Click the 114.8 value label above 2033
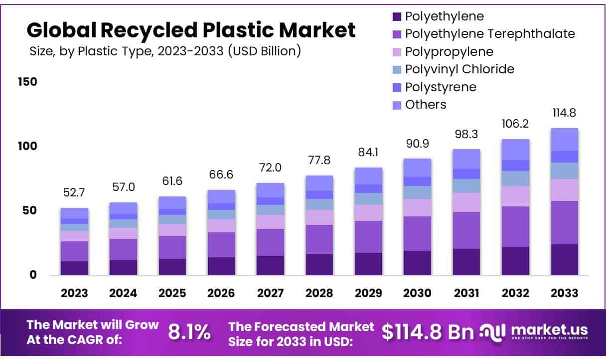click(564, 114)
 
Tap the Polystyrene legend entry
click(441, 87)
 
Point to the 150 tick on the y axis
click(28, 82)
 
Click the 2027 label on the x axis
click(270, 293)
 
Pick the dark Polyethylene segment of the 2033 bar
click(564, 259)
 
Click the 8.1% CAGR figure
click(189, 332)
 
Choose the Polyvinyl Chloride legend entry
click(459, 69)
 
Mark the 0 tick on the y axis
click(33, 275)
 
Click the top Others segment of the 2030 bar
click(417, 168)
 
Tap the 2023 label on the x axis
click(74, 293)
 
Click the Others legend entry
click(426, 105)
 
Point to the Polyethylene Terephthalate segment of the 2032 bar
click(515, 226)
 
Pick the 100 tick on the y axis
click(28, 146)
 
